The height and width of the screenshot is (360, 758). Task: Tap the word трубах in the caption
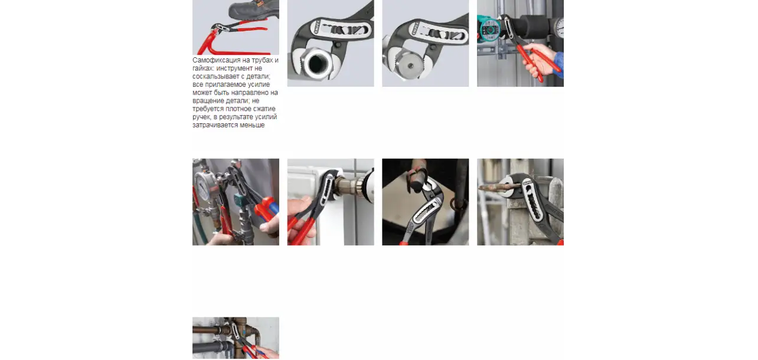pyautogui.click(x=262, y=60)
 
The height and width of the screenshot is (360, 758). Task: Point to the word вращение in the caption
pyautogui.click(x=206, y=101)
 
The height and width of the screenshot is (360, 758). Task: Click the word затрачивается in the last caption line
pyautogui.click(x=215, y=125)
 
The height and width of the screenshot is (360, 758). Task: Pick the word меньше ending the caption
pyautogui.click(x=252, y=125)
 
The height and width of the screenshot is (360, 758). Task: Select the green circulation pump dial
pyautogui.click(x=489, y=30)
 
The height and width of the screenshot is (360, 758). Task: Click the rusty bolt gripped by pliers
pyautogui.click(x=494, y=186)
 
